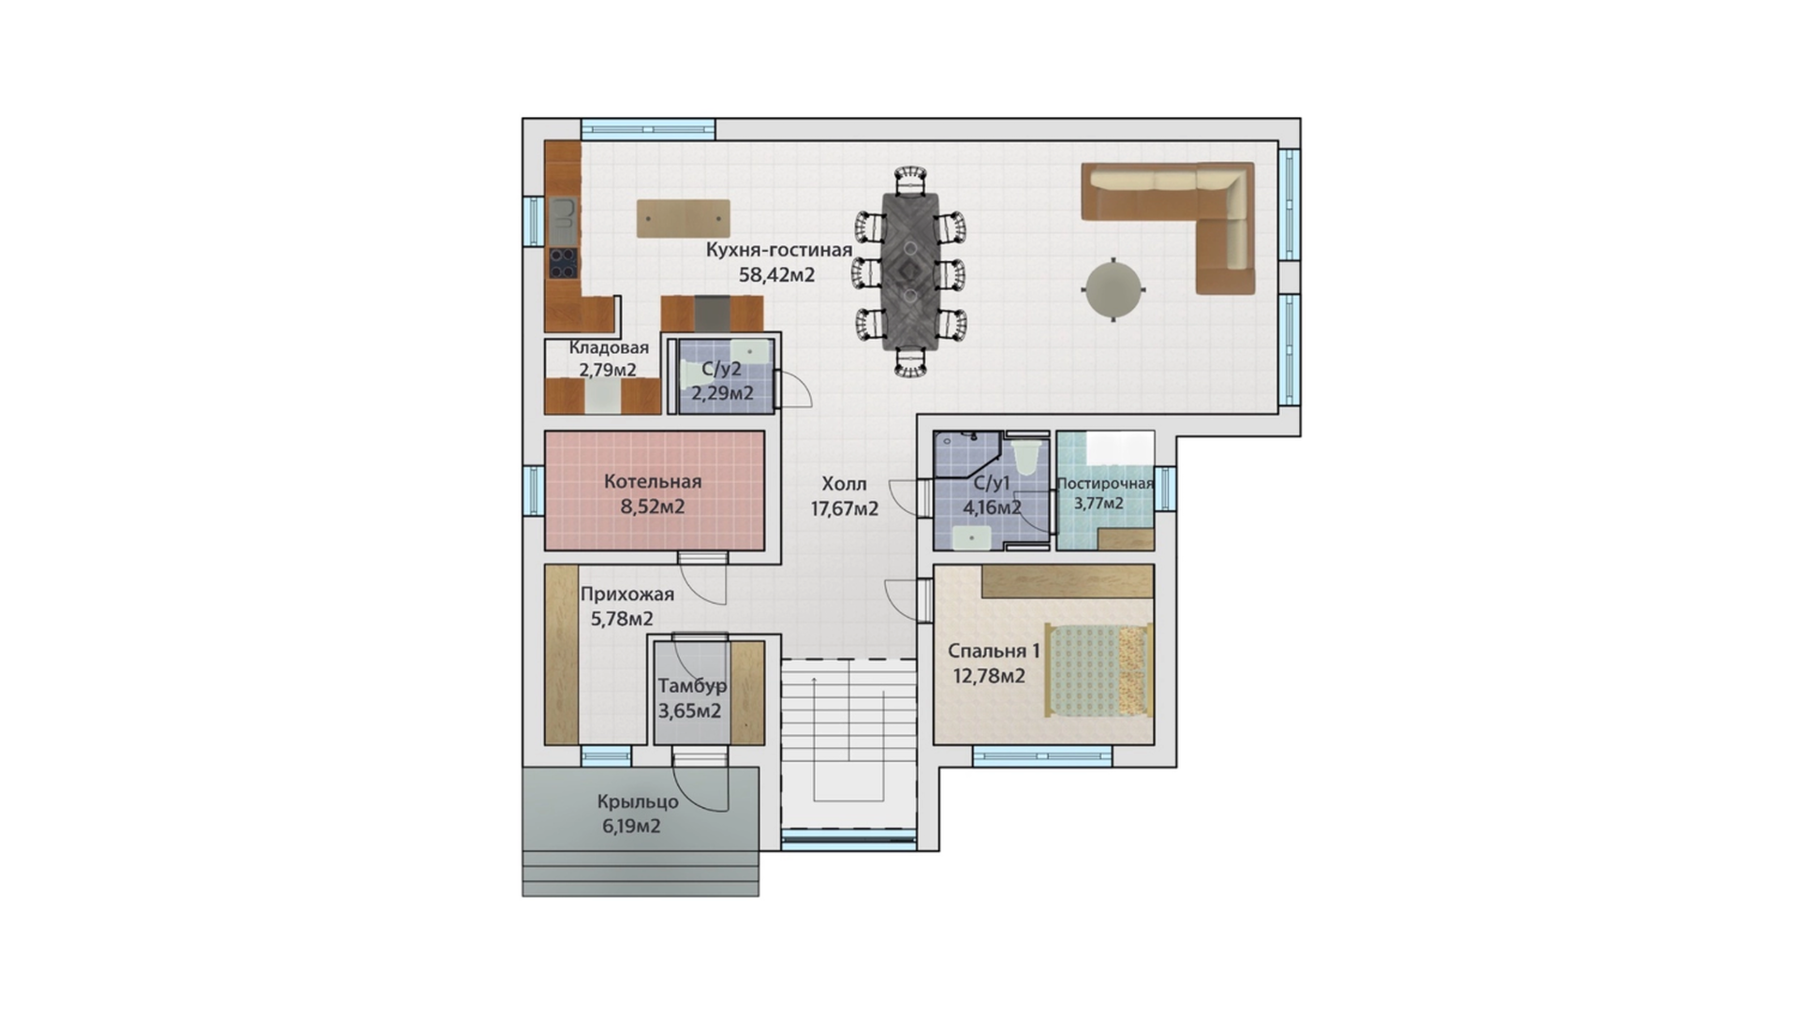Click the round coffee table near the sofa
(1113, 289)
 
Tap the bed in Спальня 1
(1098, 670)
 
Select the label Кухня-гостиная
(779, 250)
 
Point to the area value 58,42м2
(777, 275)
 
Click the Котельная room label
(653, 481)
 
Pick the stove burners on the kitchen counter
(563, 262)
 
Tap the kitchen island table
(684, 218)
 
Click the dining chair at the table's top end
(909, 180)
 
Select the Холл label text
(845, 484)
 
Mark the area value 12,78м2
(989, 676)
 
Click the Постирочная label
(1105, 483)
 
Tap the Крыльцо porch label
(638, 802)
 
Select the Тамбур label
(692, 686)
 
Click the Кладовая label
(609, 347)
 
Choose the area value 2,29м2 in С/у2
(722, 393)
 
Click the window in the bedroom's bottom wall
(1042, 755)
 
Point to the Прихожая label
(626, 593)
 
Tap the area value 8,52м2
(653, 507)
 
